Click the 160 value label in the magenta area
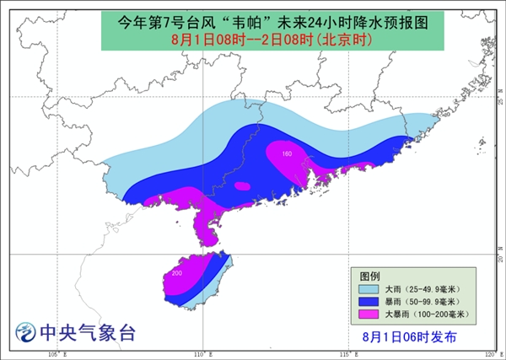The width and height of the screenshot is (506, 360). click(x=286, y=154)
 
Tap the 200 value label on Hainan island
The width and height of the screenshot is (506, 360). click(x=176, y=274)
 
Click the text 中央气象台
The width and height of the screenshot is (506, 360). click(x=88, y=332)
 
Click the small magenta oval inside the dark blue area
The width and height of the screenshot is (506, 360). click(x=242, y=186)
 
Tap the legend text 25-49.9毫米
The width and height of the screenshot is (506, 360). click(x=428, y=289)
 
